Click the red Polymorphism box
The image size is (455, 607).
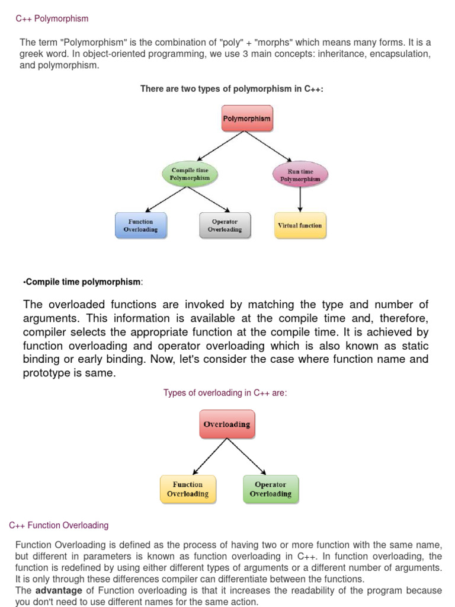(246, 119)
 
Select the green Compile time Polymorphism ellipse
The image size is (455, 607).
(190, 174)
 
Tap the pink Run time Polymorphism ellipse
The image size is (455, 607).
(300, 175)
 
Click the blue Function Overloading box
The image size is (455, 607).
(140, 225)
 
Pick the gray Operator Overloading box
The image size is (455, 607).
(225, 225)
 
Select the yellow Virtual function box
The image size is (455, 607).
(300, 226)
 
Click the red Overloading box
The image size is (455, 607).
(226, 424)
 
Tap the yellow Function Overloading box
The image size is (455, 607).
(187, 489)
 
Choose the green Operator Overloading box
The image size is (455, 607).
(270, 489)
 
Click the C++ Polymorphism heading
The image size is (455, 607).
(52, 19)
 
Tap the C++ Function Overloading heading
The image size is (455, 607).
(59, 525)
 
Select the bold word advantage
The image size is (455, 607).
(59, 590)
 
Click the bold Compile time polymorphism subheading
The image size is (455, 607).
(82, 282)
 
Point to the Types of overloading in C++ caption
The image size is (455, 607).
(225, 393)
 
